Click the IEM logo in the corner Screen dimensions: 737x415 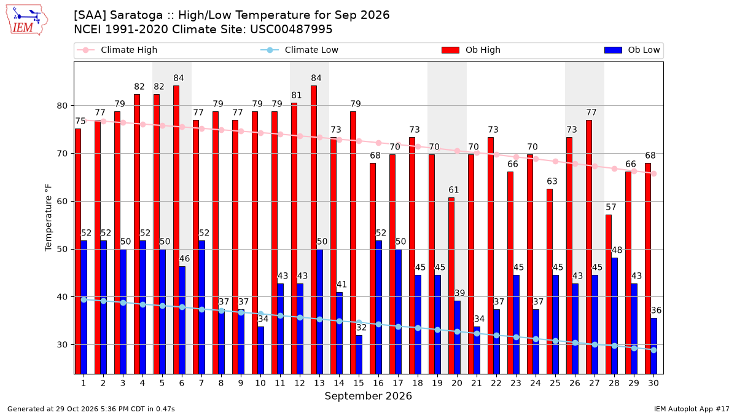(x=27, y=20)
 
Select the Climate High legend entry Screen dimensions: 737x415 (x=117, y=50)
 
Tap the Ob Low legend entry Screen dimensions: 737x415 (x=632, y=50)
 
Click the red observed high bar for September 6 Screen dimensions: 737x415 (x=176, y=230)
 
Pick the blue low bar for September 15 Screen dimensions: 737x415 (x=359, y=355)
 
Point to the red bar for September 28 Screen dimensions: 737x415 (x=609, y=294)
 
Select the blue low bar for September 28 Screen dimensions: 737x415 (x=614, y=316)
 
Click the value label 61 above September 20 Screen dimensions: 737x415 (x=454, y=190)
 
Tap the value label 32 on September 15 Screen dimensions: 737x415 (x=361, y=328)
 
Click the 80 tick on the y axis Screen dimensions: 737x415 (x=62, y=106)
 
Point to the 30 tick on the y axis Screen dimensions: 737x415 (x=62, y=345)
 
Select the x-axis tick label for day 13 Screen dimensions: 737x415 (x=319, y=384)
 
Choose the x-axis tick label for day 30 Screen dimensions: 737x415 (x=653, y=384)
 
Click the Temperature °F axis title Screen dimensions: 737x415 (x=49, y=218)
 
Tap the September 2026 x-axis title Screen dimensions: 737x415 (x=368, y=396)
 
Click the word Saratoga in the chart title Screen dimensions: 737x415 (x=136, y=15)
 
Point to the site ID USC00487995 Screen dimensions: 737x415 (x=291, y=30)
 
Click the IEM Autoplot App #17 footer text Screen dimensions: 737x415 (x=692, y=409)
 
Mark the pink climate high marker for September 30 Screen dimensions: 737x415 (x=653, y=174)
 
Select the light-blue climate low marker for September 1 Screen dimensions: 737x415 (x=84, y=300)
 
